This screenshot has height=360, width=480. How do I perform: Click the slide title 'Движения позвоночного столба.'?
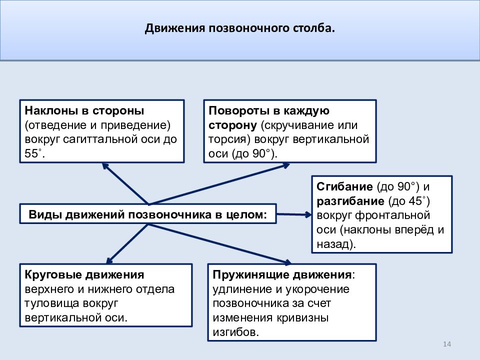(239, 28)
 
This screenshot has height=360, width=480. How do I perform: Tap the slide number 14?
(447, 344)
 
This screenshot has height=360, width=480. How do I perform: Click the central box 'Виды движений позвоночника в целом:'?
(148, 214)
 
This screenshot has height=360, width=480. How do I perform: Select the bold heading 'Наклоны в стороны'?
(84, 110)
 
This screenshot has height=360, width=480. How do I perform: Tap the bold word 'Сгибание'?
(344, 186)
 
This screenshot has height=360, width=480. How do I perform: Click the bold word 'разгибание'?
(350, 201)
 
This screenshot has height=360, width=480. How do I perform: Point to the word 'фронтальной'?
(393, 215)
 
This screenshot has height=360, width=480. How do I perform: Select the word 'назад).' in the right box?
(336, 244)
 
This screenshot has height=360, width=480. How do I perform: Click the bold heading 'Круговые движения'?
(84, 274)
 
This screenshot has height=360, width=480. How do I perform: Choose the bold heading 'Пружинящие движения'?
(282, 274)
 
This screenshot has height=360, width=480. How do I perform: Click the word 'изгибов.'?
(235, 332)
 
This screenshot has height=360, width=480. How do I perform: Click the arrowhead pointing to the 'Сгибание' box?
(308, 214)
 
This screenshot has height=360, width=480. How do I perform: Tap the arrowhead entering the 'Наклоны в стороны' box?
(105, 166)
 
